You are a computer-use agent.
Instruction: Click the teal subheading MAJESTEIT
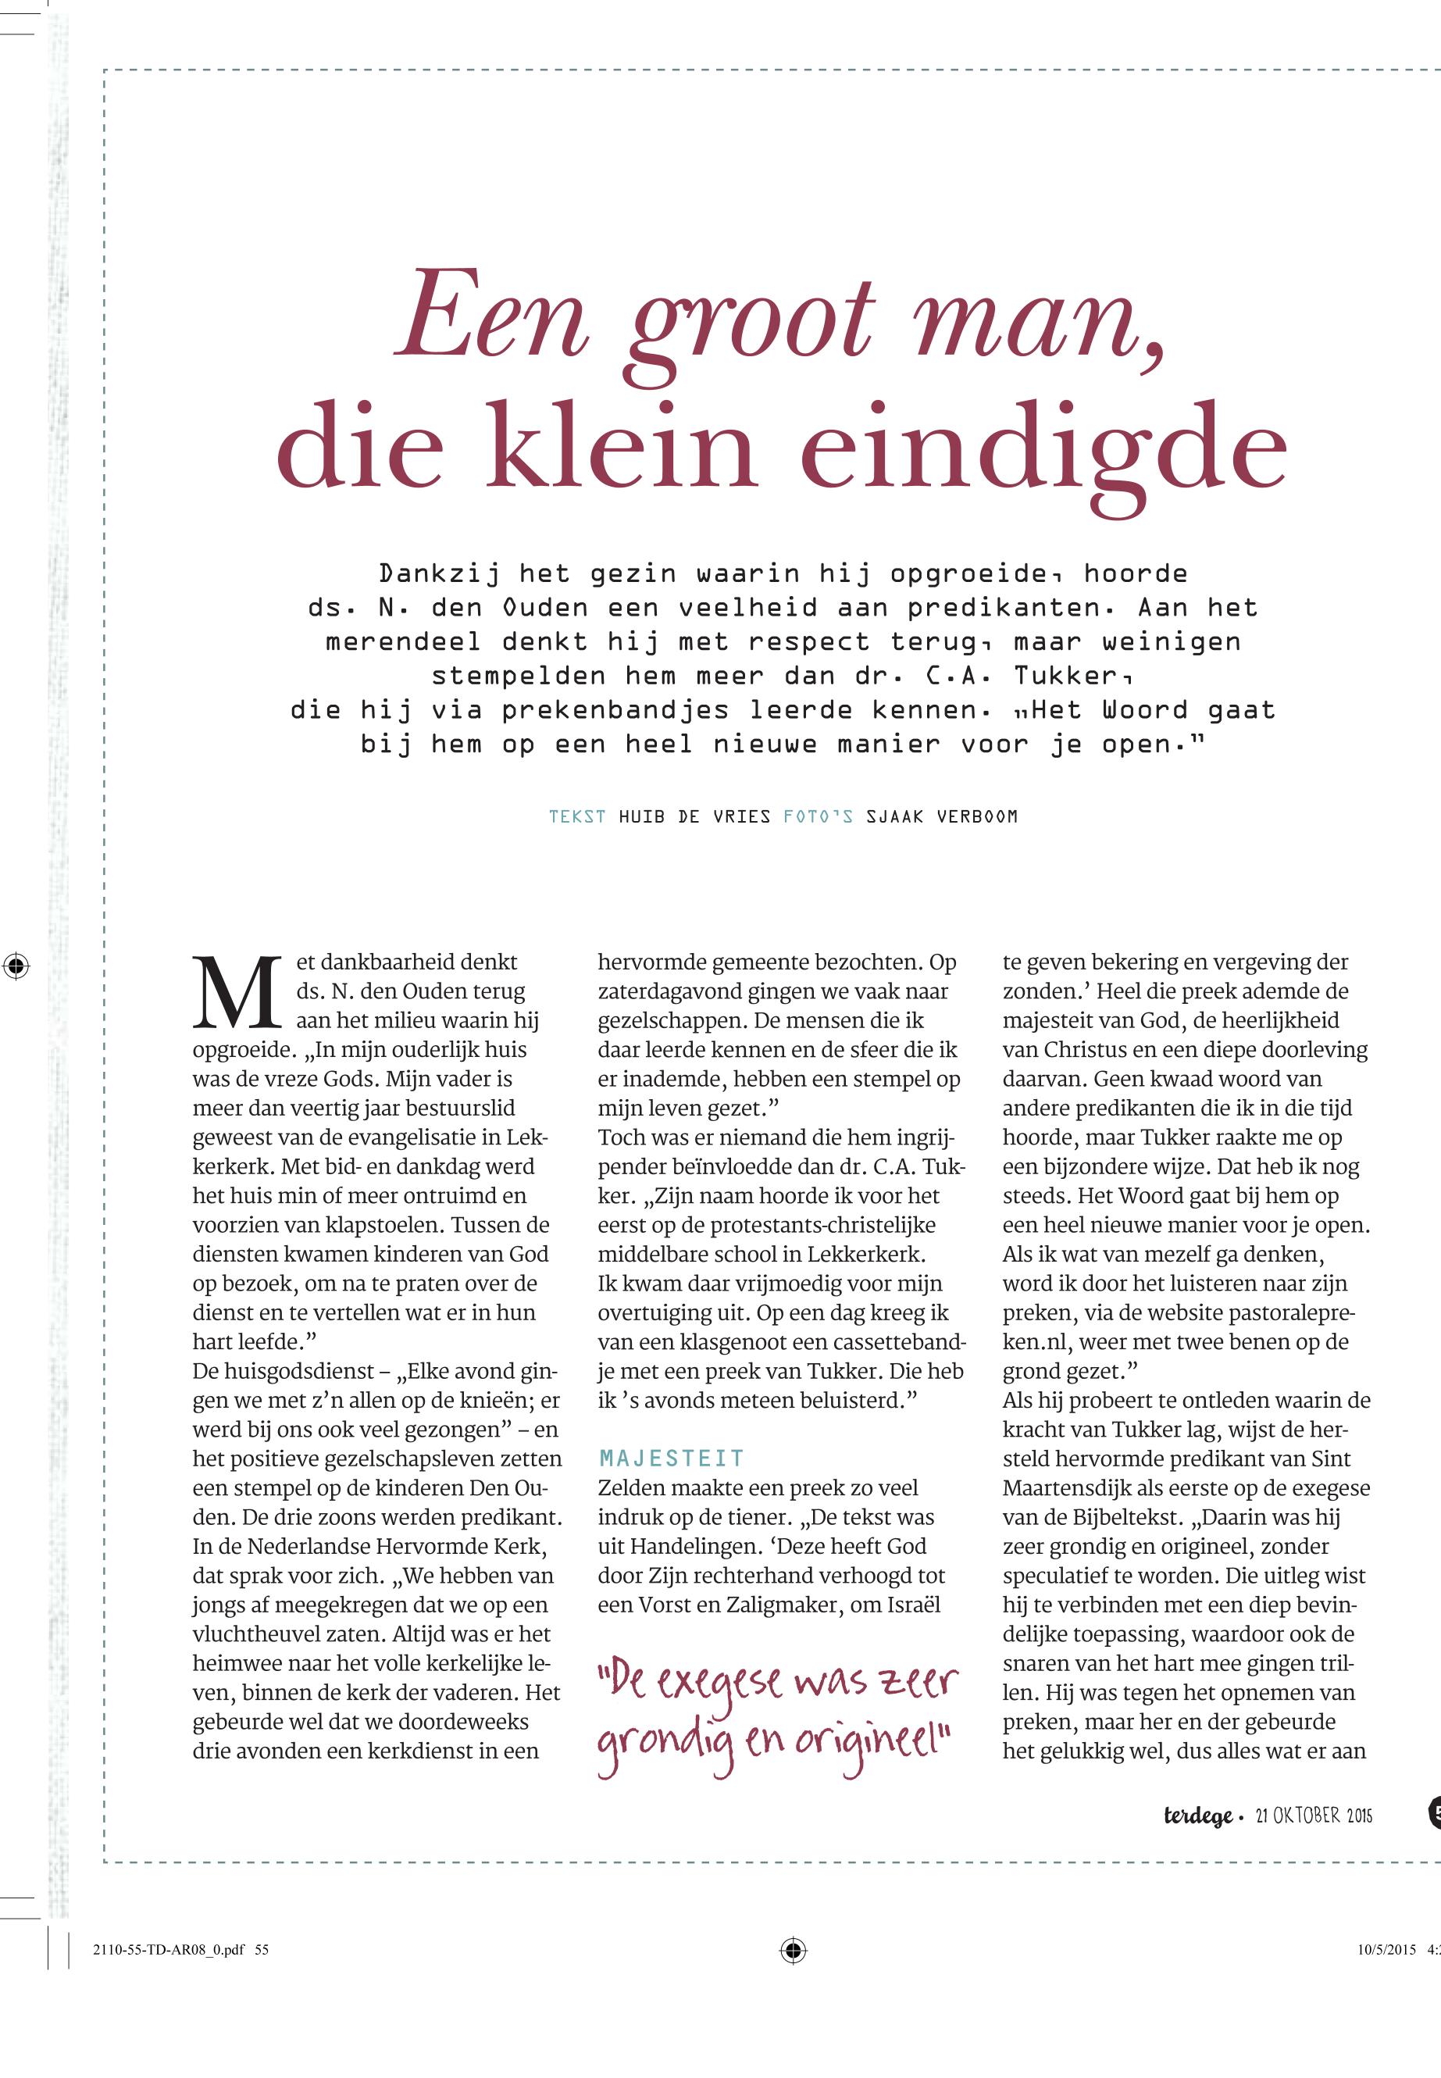[672, 1459]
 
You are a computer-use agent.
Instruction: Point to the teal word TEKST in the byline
[577, 816]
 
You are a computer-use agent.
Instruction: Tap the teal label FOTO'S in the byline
[818, 816]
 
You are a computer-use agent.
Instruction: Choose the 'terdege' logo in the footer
[1197, 1816]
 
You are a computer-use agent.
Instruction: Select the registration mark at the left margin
[16, 966]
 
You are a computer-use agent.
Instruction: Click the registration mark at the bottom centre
[793, 1951]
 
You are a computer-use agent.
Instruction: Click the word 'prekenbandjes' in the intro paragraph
[615, 710]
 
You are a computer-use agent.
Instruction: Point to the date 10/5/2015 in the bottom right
[1386, 1950]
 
